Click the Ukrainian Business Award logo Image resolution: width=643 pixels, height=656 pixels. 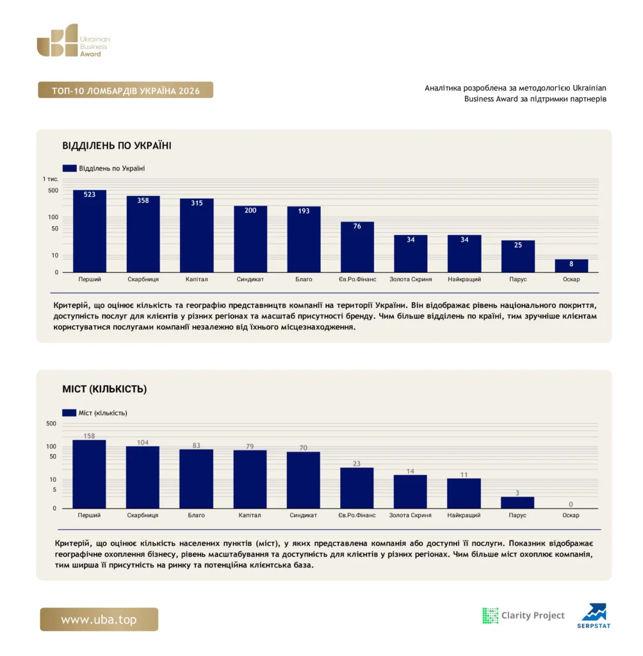pos(73,40)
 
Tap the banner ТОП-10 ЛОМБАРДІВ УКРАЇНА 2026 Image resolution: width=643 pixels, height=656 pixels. pos(126,90)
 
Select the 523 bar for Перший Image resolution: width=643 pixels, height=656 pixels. pos(90,231)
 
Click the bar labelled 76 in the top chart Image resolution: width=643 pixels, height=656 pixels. pos(357,247)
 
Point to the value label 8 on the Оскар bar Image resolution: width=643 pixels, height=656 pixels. pos(571,264)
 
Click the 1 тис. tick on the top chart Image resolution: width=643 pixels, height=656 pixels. pos(50,179)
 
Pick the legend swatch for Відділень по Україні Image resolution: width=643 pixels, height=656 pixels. pos(69,168)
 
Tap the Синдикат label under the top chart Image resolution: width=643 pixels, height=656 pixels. pos(250,279)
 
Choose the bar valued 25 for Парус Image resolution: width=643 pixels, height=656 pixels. pos(518,256)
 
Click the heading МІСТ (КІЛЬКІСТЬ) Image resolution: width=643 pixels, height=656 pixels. pos(104,389)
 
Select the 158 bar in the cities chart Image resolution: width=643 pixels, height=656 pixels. pos(89,475)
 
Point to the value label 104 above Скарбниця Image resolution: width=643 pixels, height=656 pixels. pos(143,442)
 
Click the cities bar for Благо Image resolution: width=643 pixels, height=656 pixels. pos(196,479)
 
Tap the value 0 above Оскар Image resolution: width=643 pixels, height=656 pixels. pos(571,504)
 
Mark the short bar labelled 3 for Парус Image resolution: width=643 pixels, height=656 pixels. pos(517,503)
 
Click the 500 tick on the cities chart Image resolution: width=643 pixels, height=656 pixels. pos(51,423)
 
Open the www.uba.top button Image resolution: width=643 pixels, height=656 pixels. pos(99,619)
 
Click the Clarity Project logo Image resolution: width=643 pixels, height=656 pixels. pos(523,616)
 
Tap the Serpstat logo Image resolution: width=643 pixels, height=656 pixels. pos(594,616)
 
